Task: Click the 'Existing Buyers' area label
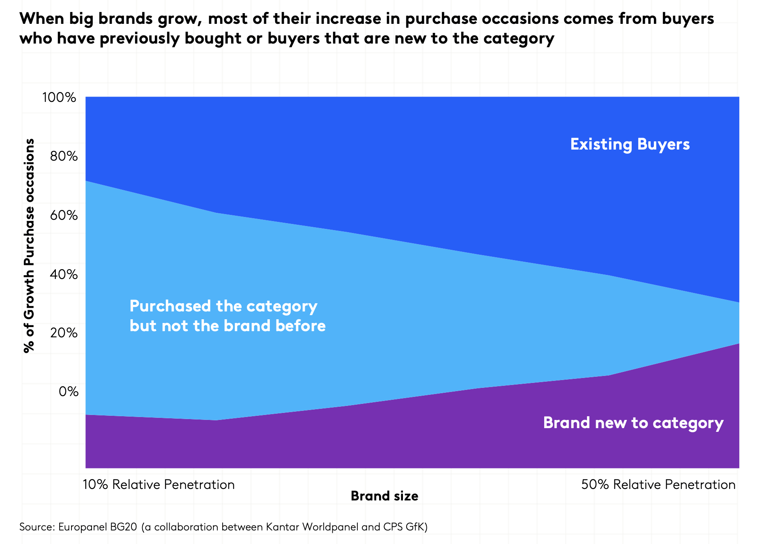pyautogui.click(x=630, y=144)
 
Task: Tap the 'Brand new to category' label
pyautogui.click(x=633, y=423)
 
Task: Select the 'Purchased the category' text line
pyautogui.click(x=223, y=307)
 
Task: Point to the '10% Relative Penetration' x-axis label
pyautogui.click(x=159, y=484)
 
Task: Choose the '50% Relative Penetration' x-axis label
pyautogui.click(x=658, y=484)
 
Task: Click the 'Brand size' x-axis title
pyautogui.click(x=384, y=496)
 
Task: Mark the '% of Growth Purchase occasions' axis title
pyautogui.click(x=29, y=246)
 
